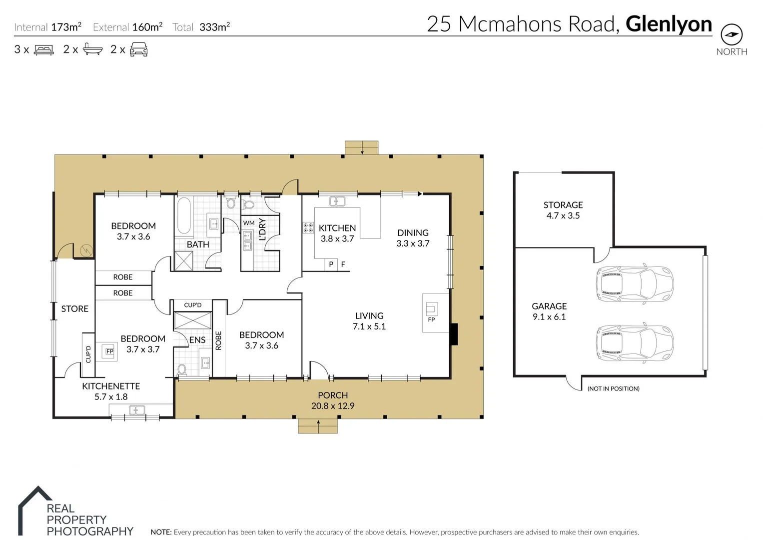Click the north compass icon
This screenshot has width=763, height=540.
point(732,34)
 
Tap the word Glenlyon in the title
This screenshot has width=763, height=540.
point(669,24)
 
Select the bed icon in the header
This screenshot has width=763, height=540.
point(43,49)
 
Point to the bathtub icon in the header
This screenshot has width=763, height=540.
point(92,49)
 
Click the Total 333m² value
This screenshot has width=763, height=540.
point(214,27)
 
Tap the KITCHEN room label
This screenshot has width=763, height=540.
point(337,228)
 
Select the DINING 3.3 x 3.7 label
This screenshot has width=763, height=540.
point(413,238)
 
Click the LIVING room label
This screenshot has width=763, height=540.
point(369,316)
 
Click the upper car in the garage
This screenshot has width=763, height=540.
point(634,283)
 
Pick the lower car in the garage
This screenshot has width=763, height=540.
point(634,343)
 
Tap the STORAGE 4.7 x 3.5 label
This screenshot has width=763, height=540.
point(563,210)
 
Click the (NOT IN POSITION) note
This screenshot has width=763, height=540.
point(613,388)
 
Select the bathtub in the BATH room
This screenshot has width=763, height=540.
point(184,216)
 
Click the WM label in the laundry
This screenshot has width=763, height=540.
point(249,223)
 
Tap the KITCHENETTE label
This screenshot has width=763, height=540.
point(111,386)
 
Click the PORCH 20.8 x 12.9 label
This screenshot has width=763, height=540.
point(333,400)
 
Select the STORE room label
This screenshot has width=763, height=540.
point(74,309)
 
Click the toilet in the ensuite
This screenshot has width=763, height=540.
point(182,369)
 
